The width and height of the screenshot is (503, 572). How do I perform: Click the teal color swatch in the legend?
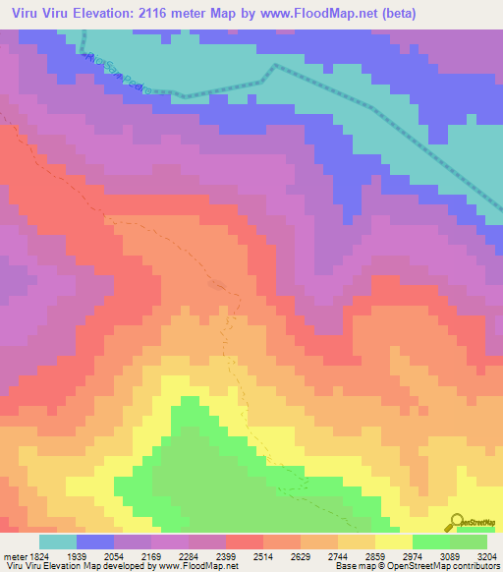58,542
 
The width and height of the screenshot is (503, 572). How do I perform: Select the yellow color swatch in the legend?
394,542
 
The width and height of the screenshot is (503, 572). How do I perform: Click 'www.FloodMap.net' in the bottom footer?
183,565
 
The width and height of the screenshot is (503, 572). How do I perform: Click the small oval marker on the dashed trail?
217,286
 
